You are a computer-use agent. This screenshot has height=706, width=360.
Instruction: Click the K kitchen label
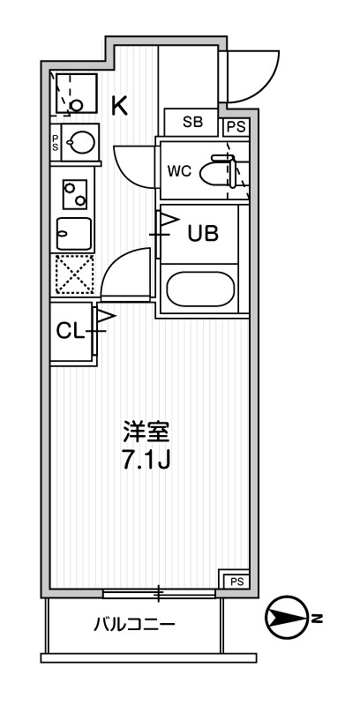pyautogui.click(x=119, y=106)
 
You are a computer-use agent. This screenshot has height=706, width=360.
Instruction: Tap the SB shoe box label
pyautogui.click(x=191, y=124)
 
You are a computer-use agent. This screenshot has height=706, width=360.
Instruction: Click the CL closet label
pyautogui.click(x=70, y=331)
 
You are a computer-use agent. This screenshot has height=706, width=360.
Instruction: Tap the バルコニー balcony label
pyautogui.click(x=135, y=626)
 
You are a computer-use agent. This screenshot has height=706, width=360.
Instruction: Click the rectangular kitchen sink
pyautogui.click(x=74, y=234)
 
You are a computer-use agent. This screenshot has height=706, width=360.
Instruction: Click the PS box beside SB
pyautogui.click(x=235, y=126)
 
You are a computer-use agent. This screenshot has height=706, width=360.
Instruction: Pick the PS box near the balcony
pyautogui.click(x=235, y=580)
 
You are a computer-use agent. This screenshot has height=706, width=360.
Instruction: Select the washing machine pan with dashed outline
pyautogui.click(x=75, y=94)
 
